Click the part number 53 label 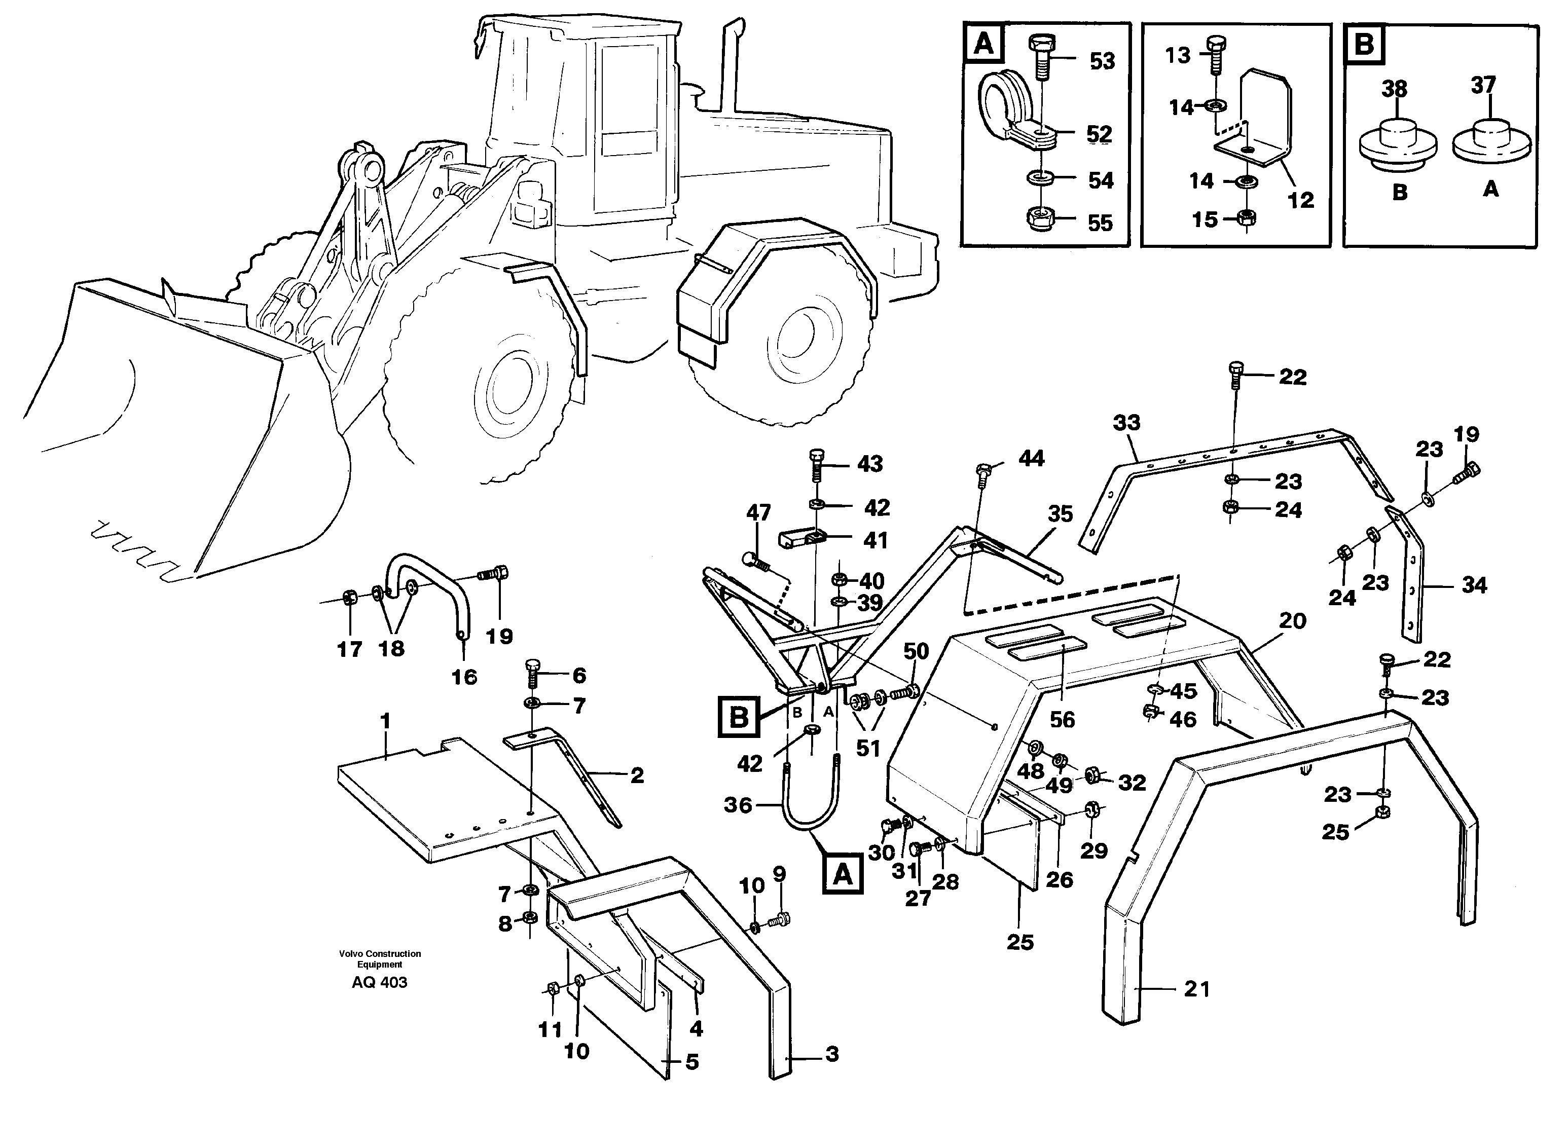tap(1102, 61)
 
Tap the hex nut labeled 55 tap(1040, 219)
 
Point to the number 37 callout tap(1482, 85)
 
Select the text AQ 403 tap(380, 982)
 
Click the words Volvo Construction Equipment tap(380, 958)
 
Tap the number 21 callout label tap(1197, 988)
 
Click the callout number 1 tap(386, 721)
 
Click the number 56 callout tap(1062, 719)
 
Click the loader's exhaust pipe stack tap(730, 66)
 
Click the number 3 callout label tap(832, 1054)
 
